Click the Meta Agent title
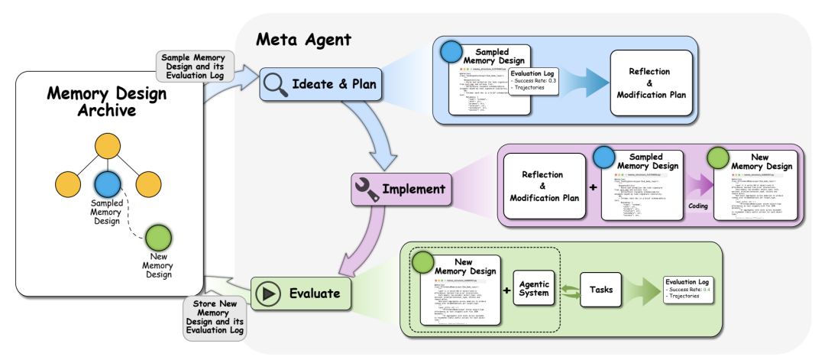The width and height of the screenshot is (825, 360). tap(303, 39)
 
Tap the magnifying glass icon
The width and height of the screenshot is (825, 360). tap(275, 84)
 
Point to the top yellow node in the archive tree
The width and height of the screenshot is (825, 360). tap(108, 148)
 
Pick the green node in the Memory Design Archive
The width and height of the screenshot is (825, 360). tap(157, 236)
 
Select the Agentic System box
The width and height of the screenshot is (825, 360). tap(535, 290)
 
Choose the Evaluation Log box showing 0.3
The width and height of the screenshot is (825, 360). tap(533, 80)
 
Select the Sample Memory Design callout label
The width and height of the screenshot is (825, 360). tap(194, 67)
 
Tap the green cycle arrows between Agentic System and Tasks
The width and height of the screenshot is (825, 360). tap(568, 290)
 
